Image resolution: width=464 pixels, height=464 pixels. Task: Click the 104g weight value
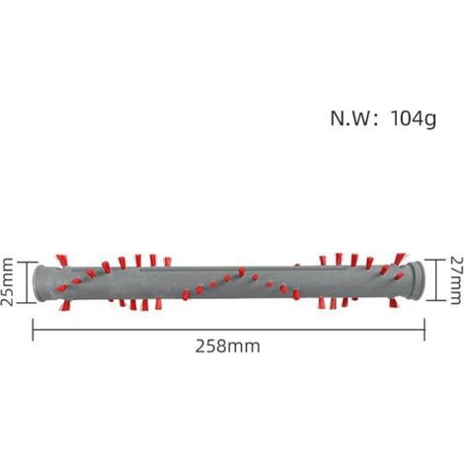pyautogui.click(x=414, y=118)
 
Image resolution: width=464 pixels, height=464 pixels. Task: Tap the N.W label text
pyautogui.click(x=350, y=118)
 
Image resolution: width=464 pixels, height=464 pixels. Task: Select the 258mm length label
pyautogui.click(x=228, y=347)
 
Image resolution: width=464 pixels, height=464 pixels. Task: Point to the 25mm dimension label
pyautogui.click(x=7, y=282)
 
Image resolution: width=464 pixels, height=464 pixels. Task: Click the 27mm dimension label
pyautogui.click(x=456, y=280)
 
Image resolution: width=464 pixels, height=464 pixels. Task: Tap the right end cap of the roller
pyautogui.click(x=416, y=280)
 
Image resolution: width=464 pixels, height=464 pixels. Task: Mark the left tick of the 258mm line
pyautogui.click(x=33, y=330)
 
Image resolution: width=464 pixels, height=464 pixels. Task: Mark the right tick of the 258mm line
pyautogui.click(x=425, y=330)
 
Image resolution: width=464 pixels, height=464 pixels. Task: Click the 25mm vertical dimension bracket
pyautogui.click(x=27, y=282)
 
